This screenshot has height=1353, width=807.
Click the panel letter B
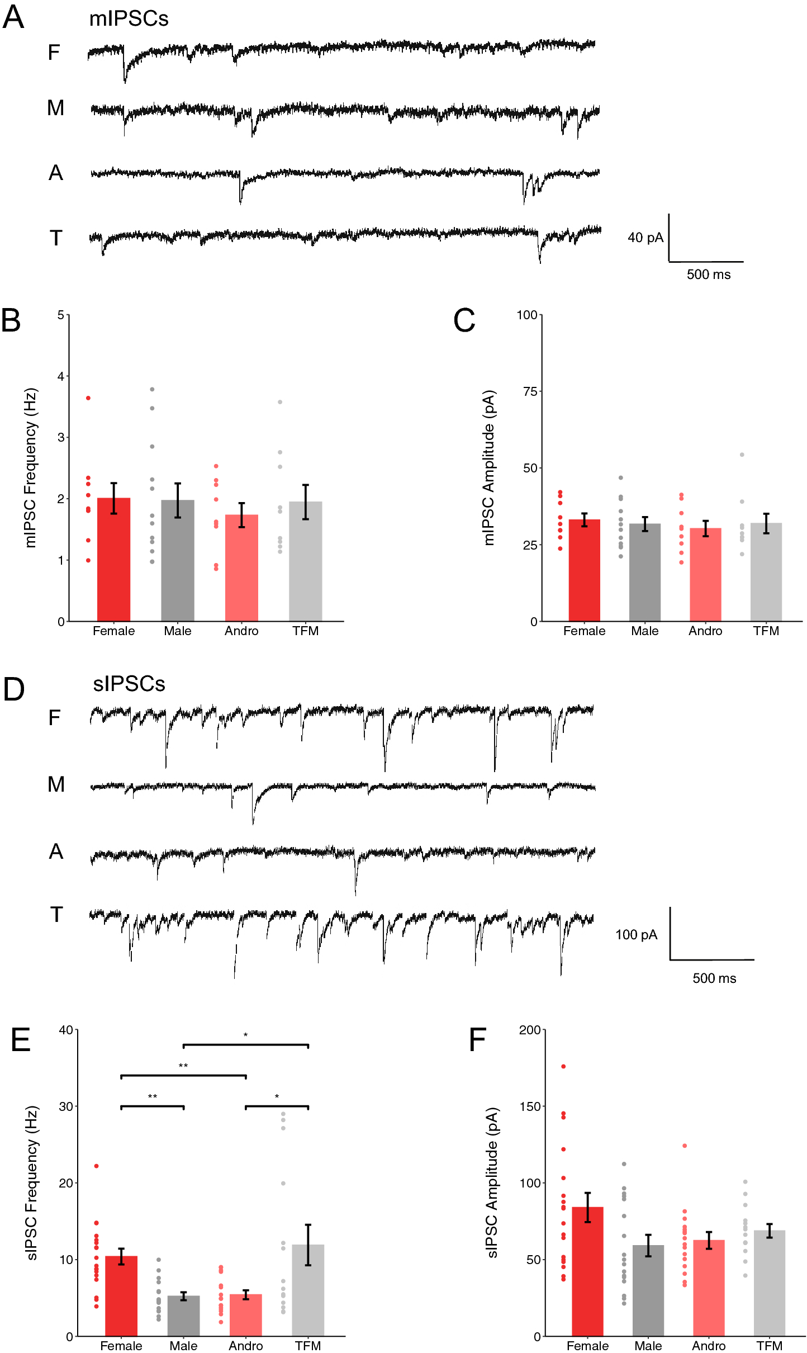click(11, 321)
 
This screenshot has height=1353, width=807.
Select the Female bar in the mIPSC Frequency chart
click(113, 559)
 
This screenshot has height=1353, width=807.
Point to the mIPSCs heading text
click(129, 19)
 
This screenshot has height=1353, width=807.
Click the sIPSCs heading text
click(129, 684)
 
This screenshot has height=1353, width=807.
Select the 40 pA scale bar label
click(645, 238)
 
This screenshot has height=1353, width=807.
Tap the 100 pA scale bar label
click(636, 935)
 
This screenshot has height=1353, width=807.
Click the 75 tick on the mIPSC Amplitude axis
click(530, 391)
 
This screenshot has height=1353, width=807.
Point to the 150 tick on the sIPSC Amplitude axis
click(530, 1106)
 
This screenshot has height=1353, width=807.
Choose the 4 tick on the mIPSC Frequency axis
click(60, 376)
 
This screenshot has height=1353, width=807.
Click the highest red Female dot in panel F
click(563, 1066)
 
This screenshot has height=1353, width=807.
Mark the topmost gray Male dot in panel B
click(152, 389)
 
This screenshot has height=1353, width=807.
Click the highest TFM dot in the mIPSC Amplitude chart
click(742, 455)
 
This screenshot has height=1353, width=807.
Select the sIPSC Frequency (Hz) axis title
click(32, 1182)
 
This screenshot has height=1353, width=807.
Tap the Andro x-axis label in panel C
click(705, 631)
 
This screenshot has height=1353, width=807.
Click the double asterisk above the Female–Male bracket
click(152, 1096)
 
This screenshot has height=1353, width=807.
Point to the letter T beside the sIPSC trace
click(56, 915)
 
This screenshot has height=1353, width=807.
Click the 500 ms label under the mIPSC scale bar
click(708, 275)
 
